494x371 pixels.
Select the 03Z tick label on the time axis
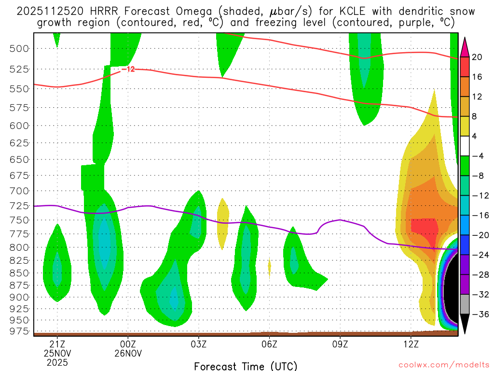[199, 344]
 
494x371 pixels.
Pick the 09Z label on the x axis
[340, 344]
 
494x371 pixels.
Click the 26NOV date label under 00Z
[128, 353]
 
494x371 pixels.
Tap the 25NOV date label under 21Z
[57, 353]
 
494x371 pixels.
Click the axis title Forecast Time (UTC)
[246, 366]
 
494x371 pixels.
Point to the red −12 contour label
[128, 70]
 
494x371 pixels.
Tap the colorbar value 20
[477, 57]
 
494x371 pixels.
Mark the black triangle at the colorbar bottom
[465, 324]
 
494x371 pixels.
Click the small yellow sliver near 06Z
[269, 267]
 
